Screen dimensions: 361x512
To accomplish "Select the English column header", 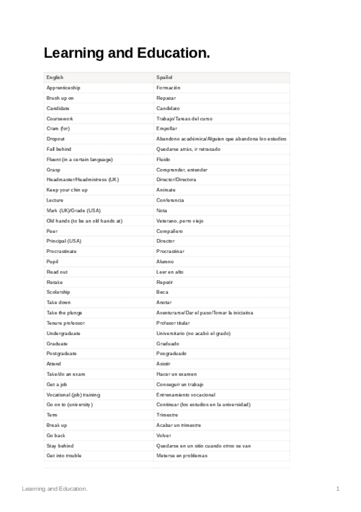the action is [55, 77].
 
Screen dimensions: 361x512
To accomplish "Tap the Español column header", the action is [165, 77].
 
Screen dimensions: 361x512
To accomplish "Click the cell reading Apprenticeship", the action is [63, 88].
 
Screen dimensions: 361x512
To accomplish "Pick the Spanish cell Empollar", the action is [166, 129].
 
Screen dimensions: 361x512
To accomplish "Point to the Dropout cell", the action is [55, 139].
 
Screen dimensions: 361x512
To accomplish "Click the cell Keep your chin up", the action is [67, 190].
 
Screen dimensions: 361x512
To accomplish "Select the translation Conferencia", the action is [170, 200].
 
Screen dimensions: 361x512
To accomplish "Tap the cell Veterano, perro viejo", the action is [180, 221].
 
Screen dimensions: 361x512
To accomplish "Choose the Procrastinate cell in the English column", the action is [61, 251].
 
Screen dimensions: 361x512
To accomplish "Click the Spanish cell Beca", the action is [162, 292].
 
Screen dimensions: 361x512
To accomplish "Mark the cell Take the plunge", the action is [64, 313].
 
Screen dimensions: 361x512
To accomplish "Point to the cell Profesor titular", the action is [173, 323].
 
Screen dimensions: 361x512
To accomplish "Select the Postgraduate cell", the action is [61, 353].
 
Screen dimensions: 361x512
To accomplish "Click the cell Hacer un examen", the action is [176, 374].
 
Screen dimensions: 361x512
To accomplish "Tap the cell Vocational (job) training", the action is [74, 394].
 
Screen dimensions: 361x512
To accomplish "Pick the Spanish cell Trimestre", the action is [167, 415].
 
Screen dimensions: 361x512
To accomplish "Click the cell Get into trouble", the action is [64, 455].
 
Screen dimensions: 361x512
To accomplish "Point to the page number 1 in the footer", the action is [338, 488].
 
